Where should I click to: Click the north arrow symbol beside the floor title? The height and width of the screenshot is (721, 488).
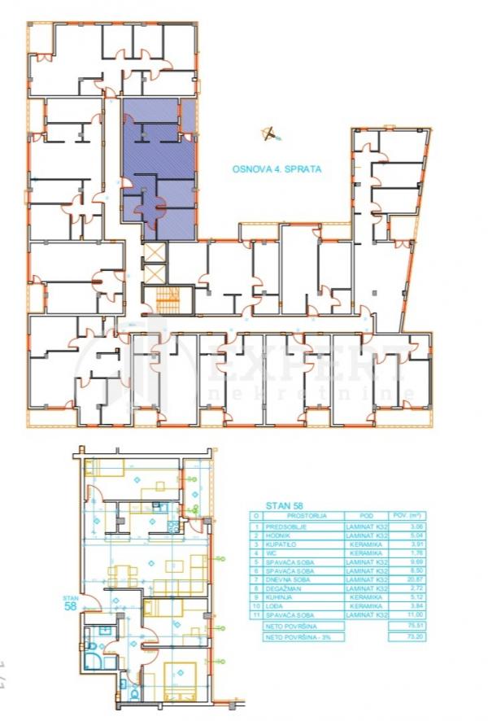point(268,133)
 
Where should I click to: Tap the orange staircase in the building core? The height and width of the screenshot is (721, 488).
point(168,301)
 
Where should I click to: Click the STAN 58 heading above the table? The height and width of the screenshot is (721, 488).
point(284,505)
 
